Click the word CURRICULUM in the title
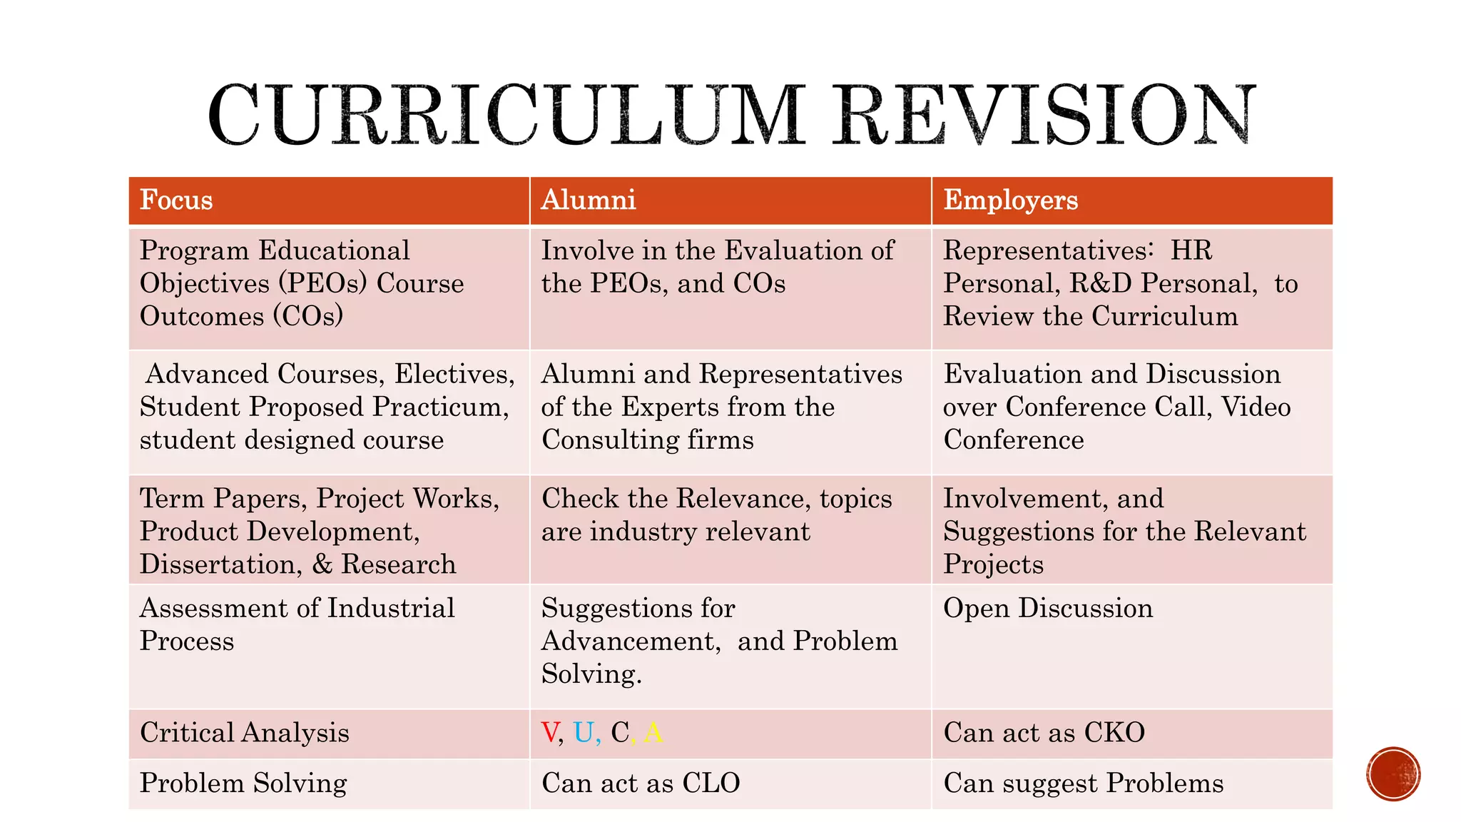tap(506, 116)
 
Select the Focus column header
tap(176, 201)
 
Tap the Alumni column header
tap(589, 201)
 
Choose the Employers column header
tap(1010, 201)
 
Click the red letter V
tap(550, 733)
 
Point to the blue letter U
tap(584, 733)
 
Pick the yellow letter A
tap(653, 733)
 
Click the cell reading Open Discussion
tap(1048, 609)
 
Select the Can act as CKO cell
tap(1044, 733)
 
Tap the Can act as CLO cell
tap(641, 783)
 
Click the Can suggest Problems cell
tap(1083, 783)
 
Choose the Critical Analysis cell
tap(245, 733)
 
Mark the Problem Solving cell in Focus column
tap(243, 783)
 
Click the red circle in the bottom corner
tap(1393, 774)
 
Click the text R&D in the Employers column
tap(1100, 284)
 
